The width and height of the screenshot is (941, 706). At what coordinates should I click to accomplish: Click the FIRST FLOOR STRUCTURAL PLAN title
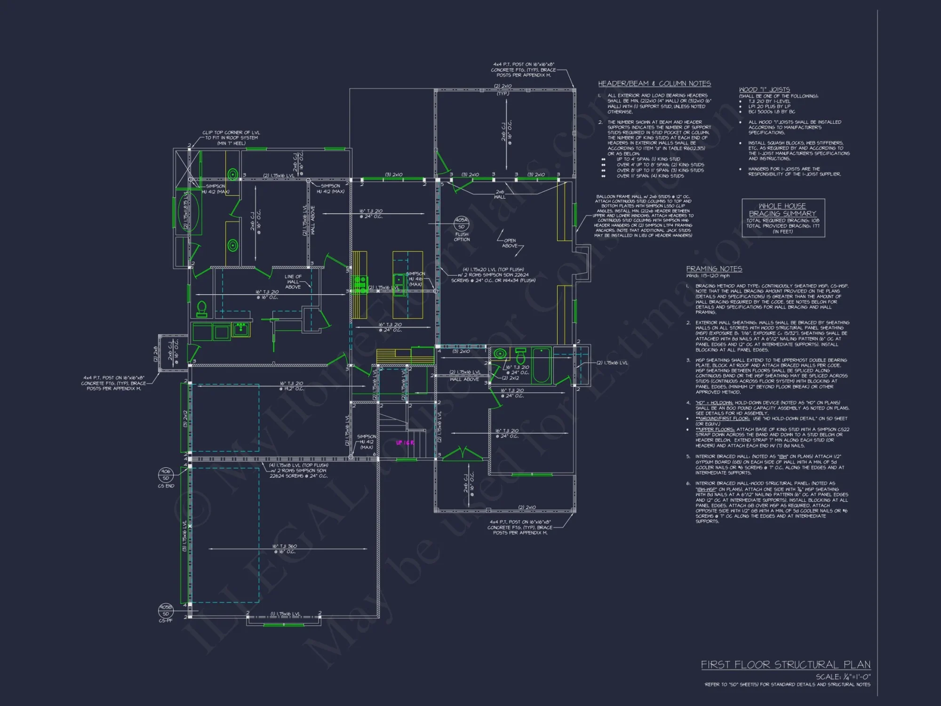click(x=785, y=665)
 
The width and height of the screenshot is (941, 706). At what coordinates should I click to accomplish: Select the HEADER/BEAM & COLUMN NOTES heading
click(x=654, y=83)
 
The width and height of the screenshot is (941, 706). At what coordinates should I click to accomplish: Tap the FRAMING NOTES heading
click(x=714, y=269)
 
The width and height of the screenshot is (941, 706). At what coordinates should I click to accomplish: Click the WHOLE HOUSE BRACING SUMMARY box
click(x=783, y=218)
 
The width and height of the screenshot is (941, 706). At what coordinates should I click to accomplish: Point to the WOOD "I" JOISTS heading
click(x=764, y=89)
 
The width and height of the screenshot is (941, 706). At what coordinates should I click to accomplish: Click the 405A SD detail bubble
click(x=461, y=223)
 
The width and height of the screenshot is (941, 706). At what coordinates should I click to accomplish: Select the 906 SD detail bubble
click(x=166, y=474)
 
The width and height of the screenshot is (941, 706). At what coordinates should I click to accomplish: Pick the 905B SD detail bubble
click(x=166, y=610)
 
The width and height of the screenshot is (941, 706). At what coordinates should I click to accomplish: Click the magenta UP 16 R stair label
click(x=405, y=443)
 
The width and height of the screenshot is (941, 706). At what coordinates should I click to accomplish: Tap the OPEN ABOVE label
click(x=510, y=243)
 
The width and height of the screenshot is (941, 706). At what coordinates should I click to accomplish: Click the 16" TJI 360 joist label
click(x=284, y=549)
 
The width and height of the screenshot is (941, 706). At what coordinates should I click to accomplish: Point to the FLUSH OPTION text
click(x=462, y=237)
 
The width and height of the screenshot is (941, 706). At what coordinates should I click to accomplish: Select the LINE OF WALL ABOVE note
click(x=293, y=281)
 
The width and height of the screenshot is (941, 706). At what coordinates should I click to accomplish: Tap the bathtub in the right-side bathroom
click(x=541, y=365)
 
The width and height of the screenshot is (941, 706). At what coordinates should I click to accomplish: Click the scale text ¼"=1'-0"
click(x=843, y=677)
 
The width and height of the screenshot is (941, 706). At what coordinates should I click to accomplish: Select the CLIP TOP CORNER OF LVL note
click(x=231, y=138)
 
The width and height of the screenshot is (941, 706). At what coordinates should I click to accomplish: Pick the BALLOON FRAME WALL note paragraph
click(x=643, y=216)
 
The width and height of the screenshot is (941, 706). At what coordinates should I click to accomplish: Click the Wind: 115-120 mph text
click(x=708, y=276)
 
